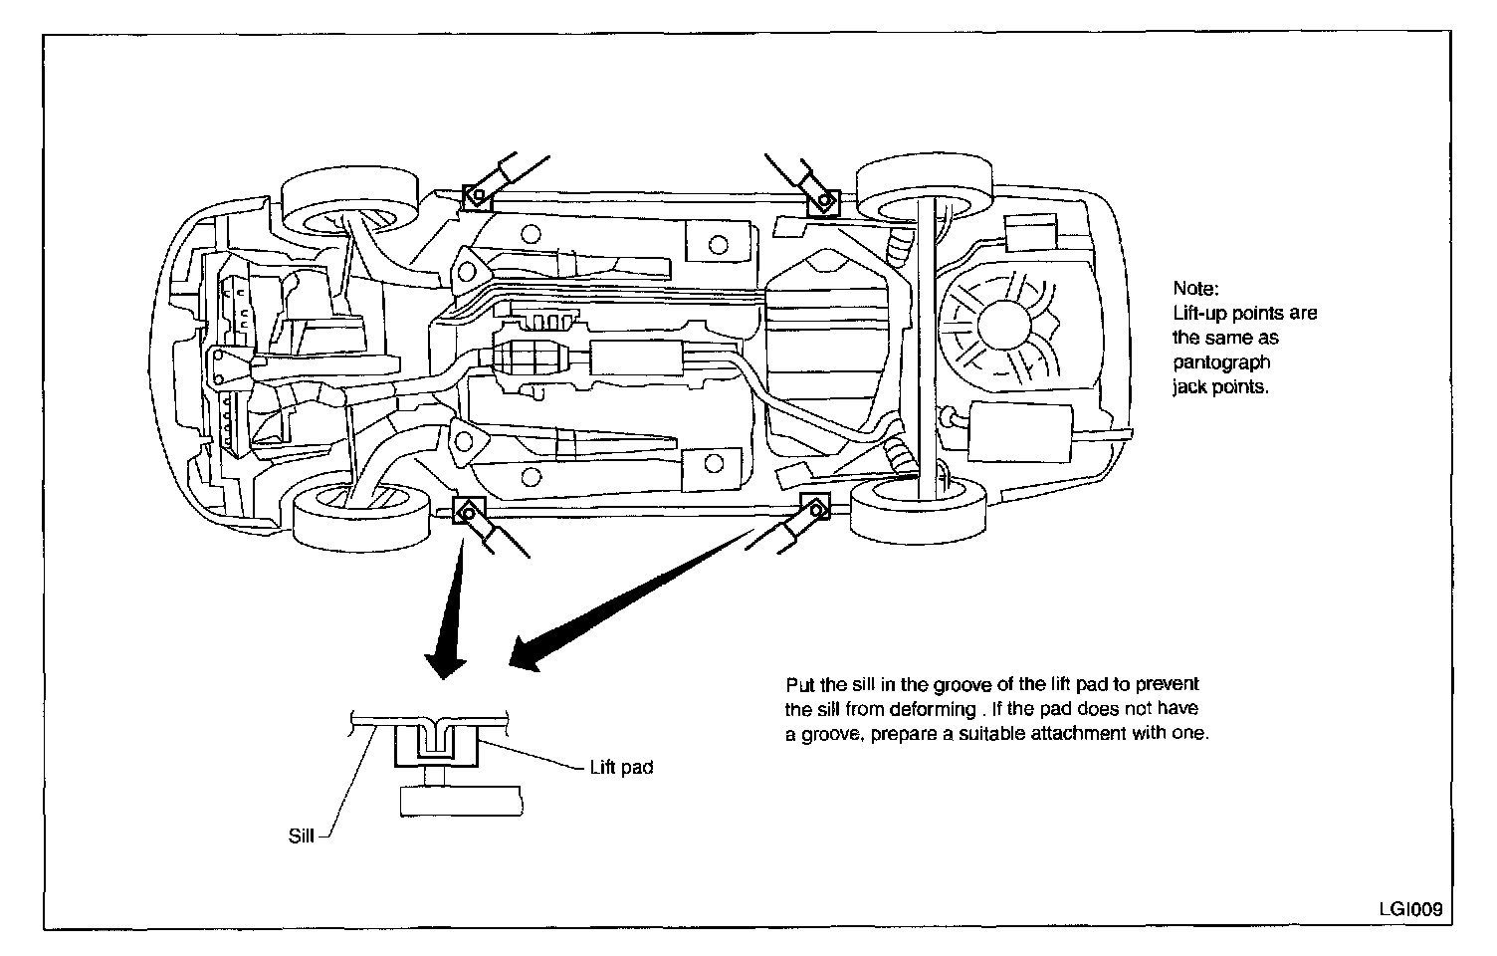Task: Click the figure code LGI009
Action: pos(1409,909)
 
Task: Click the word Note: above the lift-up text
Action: pos(1194,289)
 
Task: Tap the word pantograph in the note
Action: pos(1221,362)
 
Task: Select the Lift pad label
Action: pos(621,768)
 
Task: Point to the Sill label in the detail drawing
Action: pos(301,836)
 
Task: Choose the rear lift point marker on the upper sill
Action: pos(823,202)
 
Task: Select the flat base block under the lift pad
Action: pos(460,801)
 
